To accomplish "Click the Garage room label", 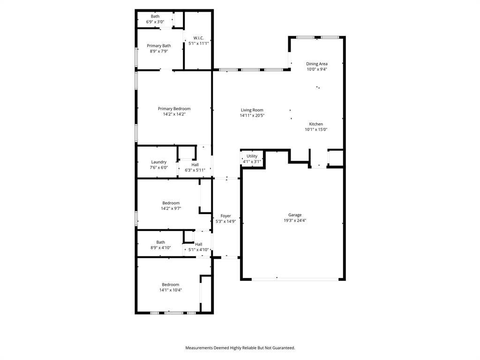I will [295, 215].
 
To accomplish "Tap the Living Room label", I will [252, 110].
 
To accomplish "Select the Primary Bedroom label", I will [174, 109].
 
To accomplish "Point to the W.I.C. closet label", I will [198, 38].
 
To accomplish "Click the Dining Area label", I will [317, 64].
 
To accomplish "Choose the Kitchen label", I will [316, 124].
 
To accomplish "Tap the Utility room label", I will [252, 156].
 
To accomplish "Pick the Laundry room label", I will [159, 162].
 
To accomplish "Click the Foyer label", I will [225, 216].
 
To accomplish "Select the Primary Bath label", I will [159, 46].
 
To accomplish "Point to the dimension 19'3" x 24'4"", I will [295, 220].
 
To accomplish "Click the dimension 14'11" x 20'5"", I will [252, 115].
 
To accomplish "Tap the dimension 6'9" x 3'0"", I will [155, 22].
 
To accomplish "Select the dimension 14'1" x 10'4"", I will [171, 290].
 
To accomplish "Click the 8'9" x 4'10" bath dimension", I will [161, 247].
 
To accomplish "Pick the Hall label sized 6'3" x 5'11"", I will [195, 165].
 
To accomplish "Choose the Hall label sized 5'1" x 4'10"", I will [199, 244].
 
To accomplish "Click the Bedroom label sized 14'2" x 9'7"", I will [171, 203].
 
